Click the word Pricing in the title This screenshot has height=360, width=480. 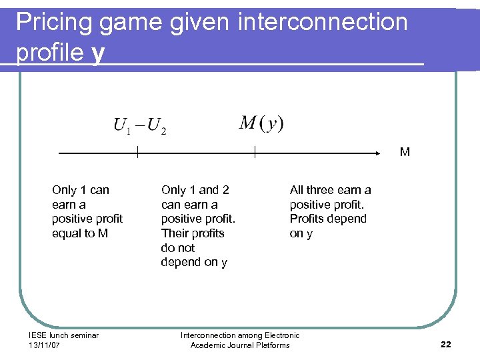55,23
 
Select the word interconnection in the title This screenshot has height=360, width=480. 321,22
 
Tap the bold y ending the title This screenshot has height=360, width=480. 99,53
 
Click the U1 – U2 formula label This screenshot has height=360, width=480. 139,125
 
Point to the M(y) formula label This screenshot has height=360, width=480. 261,123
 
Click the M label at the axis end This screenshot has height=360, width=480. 405,152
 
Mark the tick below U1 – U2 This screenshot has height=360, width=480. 137,153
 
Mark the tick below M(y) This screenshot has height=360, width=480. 255,153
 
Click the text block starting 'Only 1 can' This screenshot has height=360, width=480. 87,211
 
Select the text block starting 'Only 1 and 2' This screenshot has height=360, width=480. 198,226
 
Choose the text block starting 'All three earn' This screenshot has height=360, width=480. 330,211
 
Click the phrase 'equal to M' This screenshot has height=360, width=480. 80,233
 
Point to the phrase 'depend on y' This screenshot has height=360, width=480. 193,262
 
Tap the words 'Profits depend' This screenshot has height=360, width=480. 328,219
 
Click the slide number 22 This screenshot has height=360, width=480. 446,344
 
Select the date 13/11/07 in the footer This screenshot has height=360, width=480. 45,345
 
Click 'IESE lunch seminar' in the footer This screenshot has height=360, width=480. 63,335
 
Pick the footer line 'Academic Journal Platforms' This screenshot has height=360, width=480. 240,345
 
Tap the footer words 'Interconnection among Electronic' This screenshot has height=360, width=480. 240,335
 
